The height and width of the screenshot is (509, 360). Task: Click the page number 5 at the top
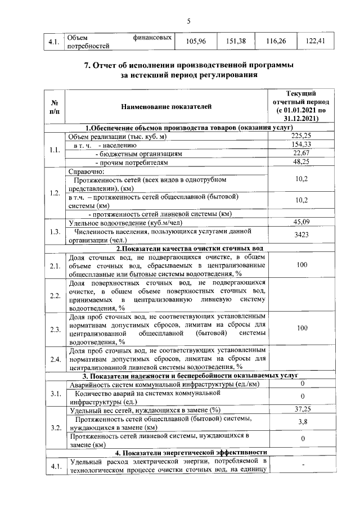(x=189, y=21)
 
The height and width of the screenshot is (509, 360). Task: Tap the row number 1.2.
(x=55, y=193)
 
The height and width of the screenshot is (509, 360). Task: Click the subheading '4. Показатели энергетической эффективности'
(x=191, y=452)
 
